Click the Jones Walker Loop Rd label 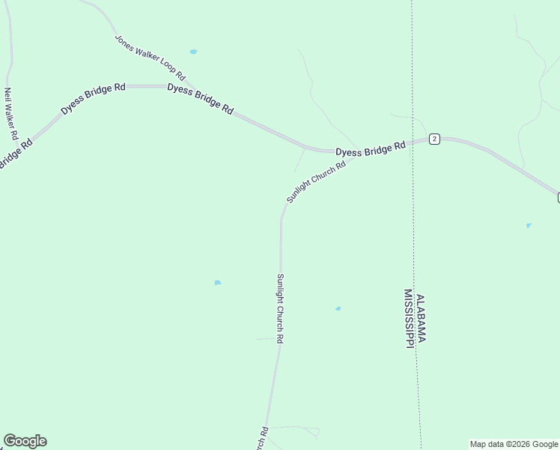click(x=150, y=58)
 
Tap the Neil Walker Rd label click(x=10, y=114)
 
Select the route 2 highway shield click(x=434, y=139)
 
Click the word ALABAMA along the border click(x=421, y=318)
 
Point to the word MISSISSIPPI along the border click(x=409, y=319)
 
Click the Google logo click(x=25, y=441)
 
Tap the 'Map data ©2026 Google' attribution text click(x=514, y=444)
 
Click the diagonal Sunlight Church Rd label click(x=315, y=181)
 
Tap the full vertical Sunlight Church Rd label click(x=279, y=308)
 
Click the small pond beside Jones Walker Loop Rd click(x=193, y=52)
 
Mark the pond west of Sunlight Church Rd click(x=217, y=283)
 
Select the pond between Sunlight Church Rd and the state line click(x=338, y=308)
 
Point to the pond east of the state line click(x=529, y=225)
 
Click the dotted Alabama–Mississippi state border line click(x=413, y=225)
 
